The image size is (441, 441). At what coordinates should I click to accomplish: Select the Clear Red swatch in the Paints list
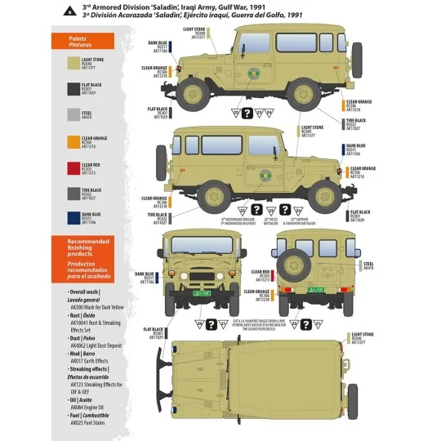tap(69, 168)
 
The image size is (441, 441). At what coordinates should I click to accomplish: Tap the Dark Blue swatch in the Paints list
tap(69, 217)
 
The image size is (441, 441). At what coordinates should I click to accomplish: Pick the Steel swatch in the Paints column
tap(69, 115)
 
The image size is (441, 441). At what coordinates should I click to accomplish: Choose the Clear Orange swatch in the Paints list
tap(69, 142)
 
